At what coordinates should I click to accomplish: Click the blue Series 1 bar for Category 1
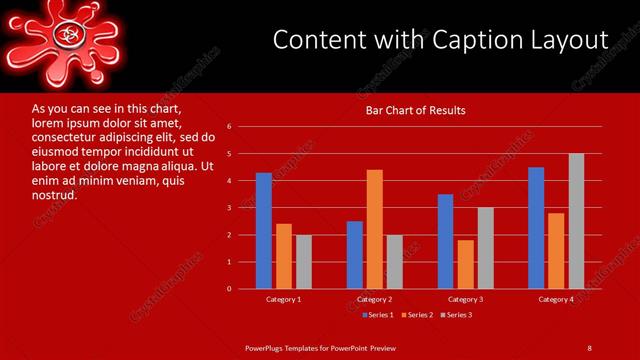click(x=264, y=230)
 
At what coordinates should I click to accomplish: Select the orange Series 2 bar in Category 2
click(x=374, y=229)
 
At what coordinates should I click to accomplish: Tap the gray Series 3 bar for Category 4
click(x=576, y=221)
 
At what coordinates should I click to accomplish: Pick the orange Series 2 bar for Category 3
click(x=465, y=264)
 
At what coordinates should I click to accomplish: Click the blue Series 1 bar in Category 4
click(x=536, y=228)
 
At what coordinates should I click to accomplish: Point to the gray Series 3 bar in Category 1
click(x=304, y=262)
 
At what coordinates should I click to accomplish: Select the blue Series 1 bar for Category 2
click(x=355, y=255)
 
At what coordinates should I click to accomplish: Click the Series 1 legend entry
click(x=377, y=315)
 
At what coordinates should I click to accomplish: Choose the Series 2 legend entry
click(x=418, y=315)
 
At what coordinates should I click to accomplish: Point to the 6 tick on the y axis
click(x=229, y=127)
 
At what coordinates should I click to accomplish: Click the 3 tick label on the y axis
click(x=229, y=208)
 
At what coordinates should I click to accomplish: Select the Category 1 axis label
click(x=284, y=299)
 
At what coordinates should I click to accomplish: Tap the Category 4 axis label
click(x=556, y=299)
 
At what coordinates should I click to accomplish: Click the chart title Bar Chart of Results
click(x=415, y=110)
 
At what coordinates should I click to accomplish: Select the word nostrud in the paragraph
click(x=54, y=195)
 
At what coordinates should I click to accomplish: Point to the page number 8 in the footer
click(x=589, y=347)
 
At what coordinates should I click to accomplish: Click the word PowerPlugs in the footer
click(x=268, y=347)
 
